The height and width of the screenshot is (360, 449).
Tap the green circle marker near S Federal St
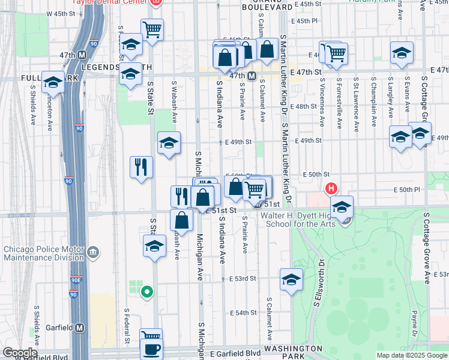(146, 293)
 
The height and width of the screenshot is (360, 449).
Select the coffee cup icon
(151, 349)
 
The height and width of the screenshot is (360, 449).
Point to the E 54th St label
(242, 313)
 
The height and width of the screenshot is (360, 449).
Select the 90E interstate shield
(74, 280)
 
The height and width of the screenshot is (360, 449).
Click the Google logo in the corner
(19, 353)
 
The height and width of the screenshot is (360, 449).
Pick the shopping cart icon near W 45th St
(152, 28)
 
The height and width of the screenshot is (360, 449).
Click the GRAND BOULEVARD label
(268, 4)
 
